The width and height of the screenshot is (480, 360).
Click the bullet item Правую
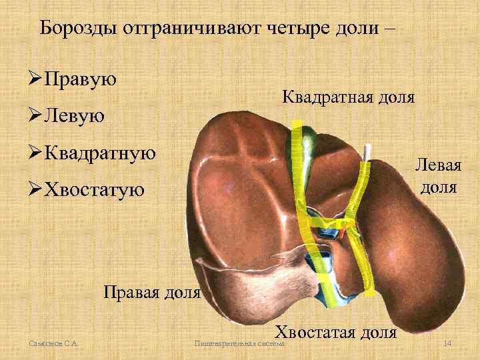(x=79, y=79)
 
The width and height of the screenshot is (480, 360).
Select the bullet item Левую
(x=74, y=116)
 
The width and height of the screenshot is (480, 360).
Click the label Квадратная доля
(x=348, y=97)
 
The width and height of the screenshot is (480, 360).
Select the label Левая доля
(x=438, y=175)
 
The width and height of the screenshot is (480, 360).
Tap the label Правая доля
(x=151, y=291)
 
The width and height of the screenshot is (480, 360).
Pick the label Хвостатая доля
(x=336, y=331)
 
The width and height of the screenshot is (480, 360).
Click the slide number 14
(x=448, y=343)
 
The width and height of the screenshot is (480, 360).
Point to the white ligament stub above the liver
(x=367, y=153)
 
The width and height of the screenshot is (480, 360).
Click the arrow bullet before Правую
(x=30, y=79)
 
